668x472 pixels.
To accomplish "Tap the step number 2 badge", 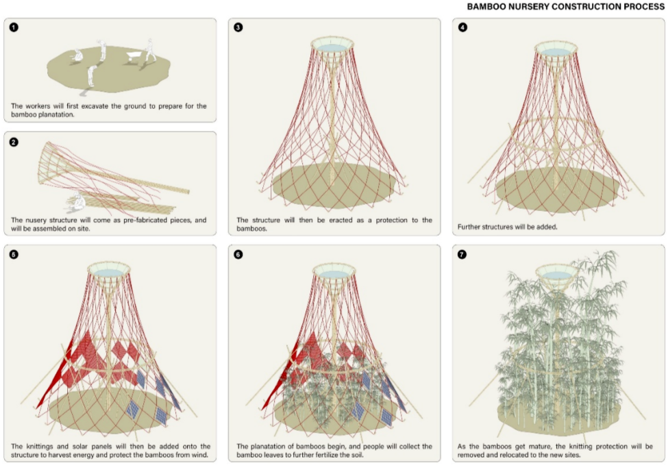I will point(14,143).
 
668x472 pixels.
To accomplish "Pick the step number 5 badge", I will point(14,255).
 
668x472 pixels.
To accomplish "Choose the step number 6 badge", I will point(238,255).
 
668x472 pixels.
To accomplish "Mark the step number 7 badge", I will point(462,255).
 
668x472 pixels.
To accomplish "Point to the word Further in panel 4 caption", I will point(469,225).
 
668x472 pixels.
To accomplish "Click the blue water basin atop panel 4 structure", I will point(556,51).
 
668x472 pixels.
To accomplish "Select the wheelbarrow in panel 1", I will point(129,60).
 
